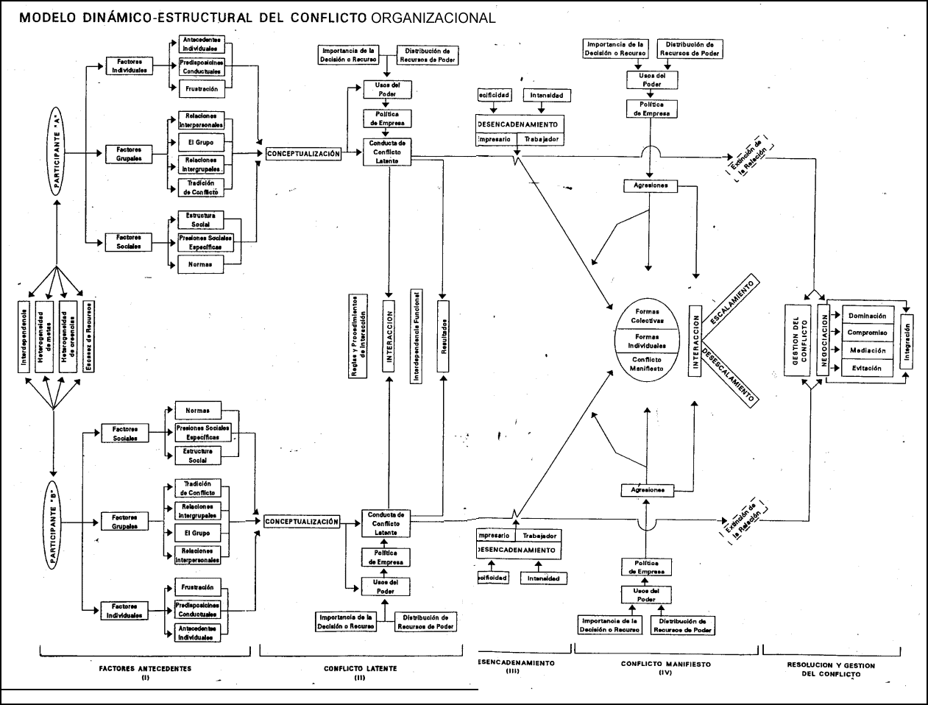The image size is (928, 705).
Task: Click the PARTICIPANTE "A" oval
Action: tap(57, 151)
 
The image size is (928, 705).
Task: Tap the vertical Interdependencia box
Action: tap(24, 336)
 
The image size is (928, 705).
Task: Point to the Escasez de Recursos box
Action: tap(89, 336)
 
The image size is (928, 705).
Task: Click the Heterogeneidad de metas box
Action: tap(45, 336)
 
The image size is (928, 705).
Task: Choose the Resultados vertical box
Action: tap(443, 338)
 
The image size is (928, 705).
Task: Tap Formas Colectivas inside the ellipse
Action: tap(648, 316)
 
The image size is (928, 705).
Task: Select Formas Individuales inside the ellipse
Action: tap(648, 341)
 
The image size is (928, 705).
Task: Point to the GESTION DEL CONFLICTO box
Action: tap(799, 340)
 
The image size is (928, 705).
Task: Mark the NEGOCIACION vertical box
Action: tap(823, 341)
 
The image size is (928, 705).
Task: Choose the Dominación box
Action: tap(867, 316)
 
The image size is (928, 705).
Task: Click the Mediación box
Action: tap(867, 350)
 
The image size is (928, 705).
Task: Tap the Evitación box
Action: tap(867, 368)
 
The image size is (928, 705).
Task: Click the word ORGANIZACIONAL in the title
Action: tap(433, 18)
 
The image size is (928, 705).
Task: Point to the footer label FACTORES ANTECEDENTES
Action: tap(145, 668)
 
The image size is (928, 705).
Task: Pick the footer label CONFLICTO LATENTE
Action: tap(360, 668)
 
